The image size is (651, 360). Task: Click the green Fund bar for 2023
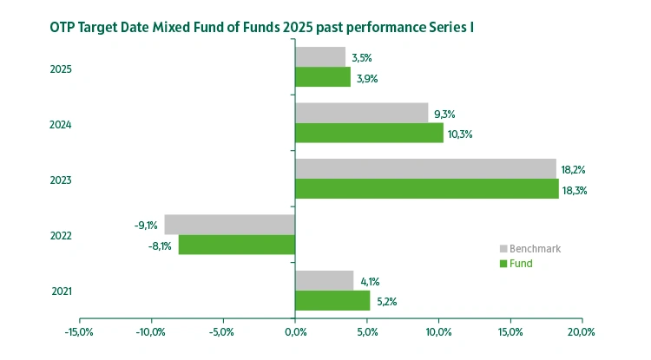426,189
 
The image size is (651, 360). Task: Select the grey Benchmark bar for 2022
229,225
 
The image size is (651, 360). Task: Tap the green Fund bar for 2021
332,300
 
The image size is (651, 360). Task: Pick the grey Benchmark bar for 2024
361,113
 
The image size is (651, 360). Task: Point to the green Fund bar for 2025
323,78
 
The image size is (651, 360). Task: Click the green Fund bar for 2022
237,245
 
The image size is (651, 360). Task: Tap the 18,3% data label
575,190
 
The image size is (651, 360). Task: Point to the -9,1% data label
146,226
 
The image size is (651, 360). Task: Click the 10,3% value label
459,134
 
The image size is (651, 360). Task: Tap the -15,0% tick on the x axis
79,331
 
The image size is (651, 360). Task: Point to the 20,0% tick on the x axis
581,331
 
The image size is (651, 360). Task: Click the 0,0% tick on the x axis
295,331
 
